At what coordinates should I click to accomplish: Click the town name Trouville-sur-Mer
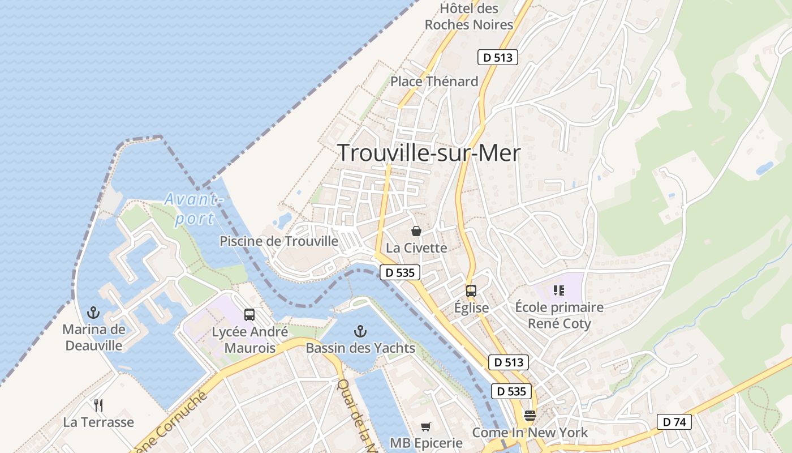(x=428, y=153)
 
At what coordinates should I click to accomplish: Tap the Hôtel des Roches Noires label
(x=469, y=17)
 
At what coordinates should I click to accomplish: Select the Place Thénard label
(x=434, y=82)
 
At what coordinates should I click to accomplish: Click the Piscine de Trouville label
(x=279, y=241)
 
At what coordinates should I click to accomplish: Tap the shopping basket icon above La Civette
(x=416, y=231)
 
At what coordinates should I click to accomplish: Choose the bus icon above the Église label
(x=471, y=291)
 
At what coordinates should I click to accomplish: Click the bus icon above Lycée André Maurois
(x=249, y=315)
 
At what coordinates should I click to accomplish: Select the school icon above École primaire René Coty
(x=559, y=290)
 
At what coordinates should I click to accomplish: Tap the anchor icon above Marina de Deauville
(x=93, y=313)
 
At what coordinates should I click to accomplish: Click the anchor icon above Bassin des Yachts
(x=360, y=331)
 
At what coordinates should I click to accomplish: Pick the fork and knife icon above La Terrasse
(x=98, y=405)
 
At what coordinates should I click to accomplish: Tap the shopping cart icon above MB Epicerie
(x=426, y=426)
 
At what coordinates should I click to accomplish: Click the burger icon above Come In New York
(x=530, y=416)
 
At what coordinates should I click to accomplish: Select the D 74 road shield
(x=674, y=422)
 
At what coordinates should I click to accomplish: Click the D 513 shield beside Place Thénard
(x=498, y=57)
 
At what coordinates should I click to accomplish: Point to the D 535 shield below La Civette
(x=400, y=272)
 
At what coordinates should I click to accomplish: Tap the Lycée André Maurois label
(x=249, y=340)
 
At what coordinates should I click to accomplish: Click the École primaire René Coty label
(x=559, y=315)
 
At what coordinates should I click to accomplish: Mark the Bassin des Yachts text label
(x=360, y=348)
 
